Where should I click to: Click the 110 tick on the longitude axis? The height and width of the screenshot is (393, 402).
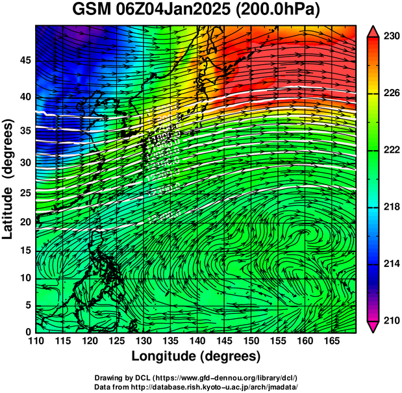(36, 341)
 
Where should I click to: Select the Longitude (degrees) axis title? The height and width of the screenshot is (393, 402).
(196, 356)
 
